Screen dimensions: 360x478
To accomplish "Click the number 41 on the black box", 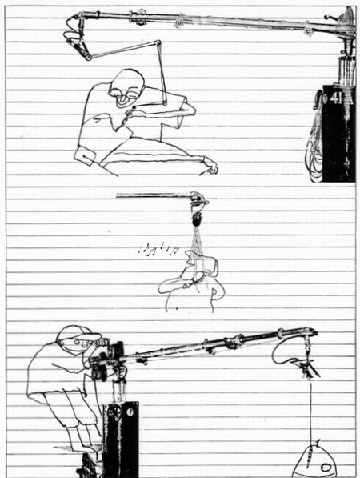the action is point(336,98).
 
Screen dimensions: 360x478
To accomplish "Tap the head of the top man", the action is point(126,87).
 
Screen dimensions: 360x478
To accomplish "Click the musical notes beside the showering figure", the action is point(158,249).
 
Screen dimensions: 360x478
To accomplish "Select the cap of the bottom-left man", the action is point(78,334).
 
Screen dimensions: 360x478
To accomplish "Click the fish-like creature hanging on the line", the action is point(315,461).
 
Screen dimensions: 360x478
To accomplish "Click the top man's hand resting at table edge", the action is point(210,167).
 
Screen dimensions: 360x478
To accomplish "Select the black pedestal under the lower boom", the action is point(121,439).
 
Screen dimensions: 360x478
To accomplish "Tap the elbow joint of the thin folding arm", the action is point(158,42).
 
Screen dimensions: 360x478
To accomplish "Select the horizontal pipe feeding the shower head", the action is point(153,196).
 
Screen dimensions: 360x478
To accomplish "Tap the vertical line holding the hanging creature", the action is point(311,412).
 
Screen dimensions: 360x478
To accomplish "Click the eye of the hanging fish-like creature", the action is point(326,467).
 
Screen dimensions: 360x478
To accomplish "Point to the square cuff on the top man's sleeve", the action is point(86,155).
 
